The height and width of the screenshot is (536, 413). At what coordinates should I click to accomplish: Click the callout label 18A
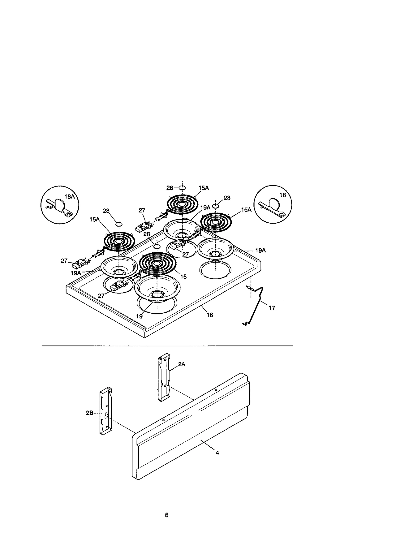tap(69, 197)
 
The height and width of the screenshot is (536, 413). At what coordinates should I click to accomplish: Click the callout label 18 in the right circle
tap(283, 195)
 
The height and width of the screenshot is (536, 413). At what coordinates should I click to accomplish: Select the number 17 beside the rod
tap(272, 308)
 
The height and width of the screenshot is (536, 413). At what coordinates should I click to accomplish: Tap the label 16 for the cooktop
tap(210, 315)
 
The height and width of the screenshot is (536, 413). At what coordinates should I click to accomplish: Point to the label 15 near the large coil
tap(183, 277)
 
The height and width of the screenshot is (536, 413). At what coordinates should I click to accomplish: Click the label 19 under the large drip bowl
tap(139, 316)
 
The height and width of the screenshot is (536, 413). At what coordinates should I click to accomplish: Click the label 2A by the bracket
tap(182, 364)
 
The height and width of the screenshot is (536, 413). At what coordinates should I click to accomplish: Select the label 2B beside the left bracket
tap(90, 413)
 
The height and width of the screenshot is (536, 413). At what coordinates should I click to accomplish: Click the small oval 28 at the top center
tap(181, 188)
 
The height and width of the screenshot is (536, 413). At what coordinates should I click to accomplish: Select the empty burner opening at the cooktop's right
tap(215, 270)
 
